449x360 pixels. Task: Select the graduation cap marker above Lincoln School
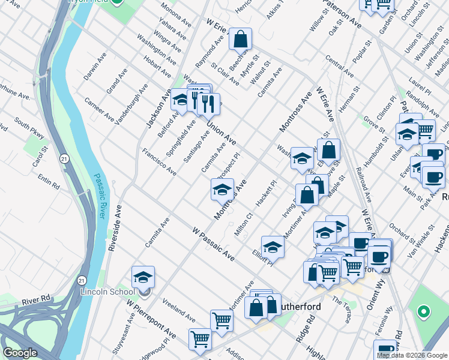(x=143, y=277)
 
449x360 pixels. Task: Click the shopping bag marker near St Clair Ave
(x=240, y=40)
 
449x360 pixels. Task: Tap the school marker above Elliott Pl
(x=273, y=247)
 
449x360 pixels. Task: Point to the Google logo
(x=20, y=353)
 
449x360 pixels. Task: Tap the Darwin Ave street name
(x=95, y=66)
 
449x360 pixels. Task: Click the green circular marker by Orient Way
(x=424, y=311)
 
